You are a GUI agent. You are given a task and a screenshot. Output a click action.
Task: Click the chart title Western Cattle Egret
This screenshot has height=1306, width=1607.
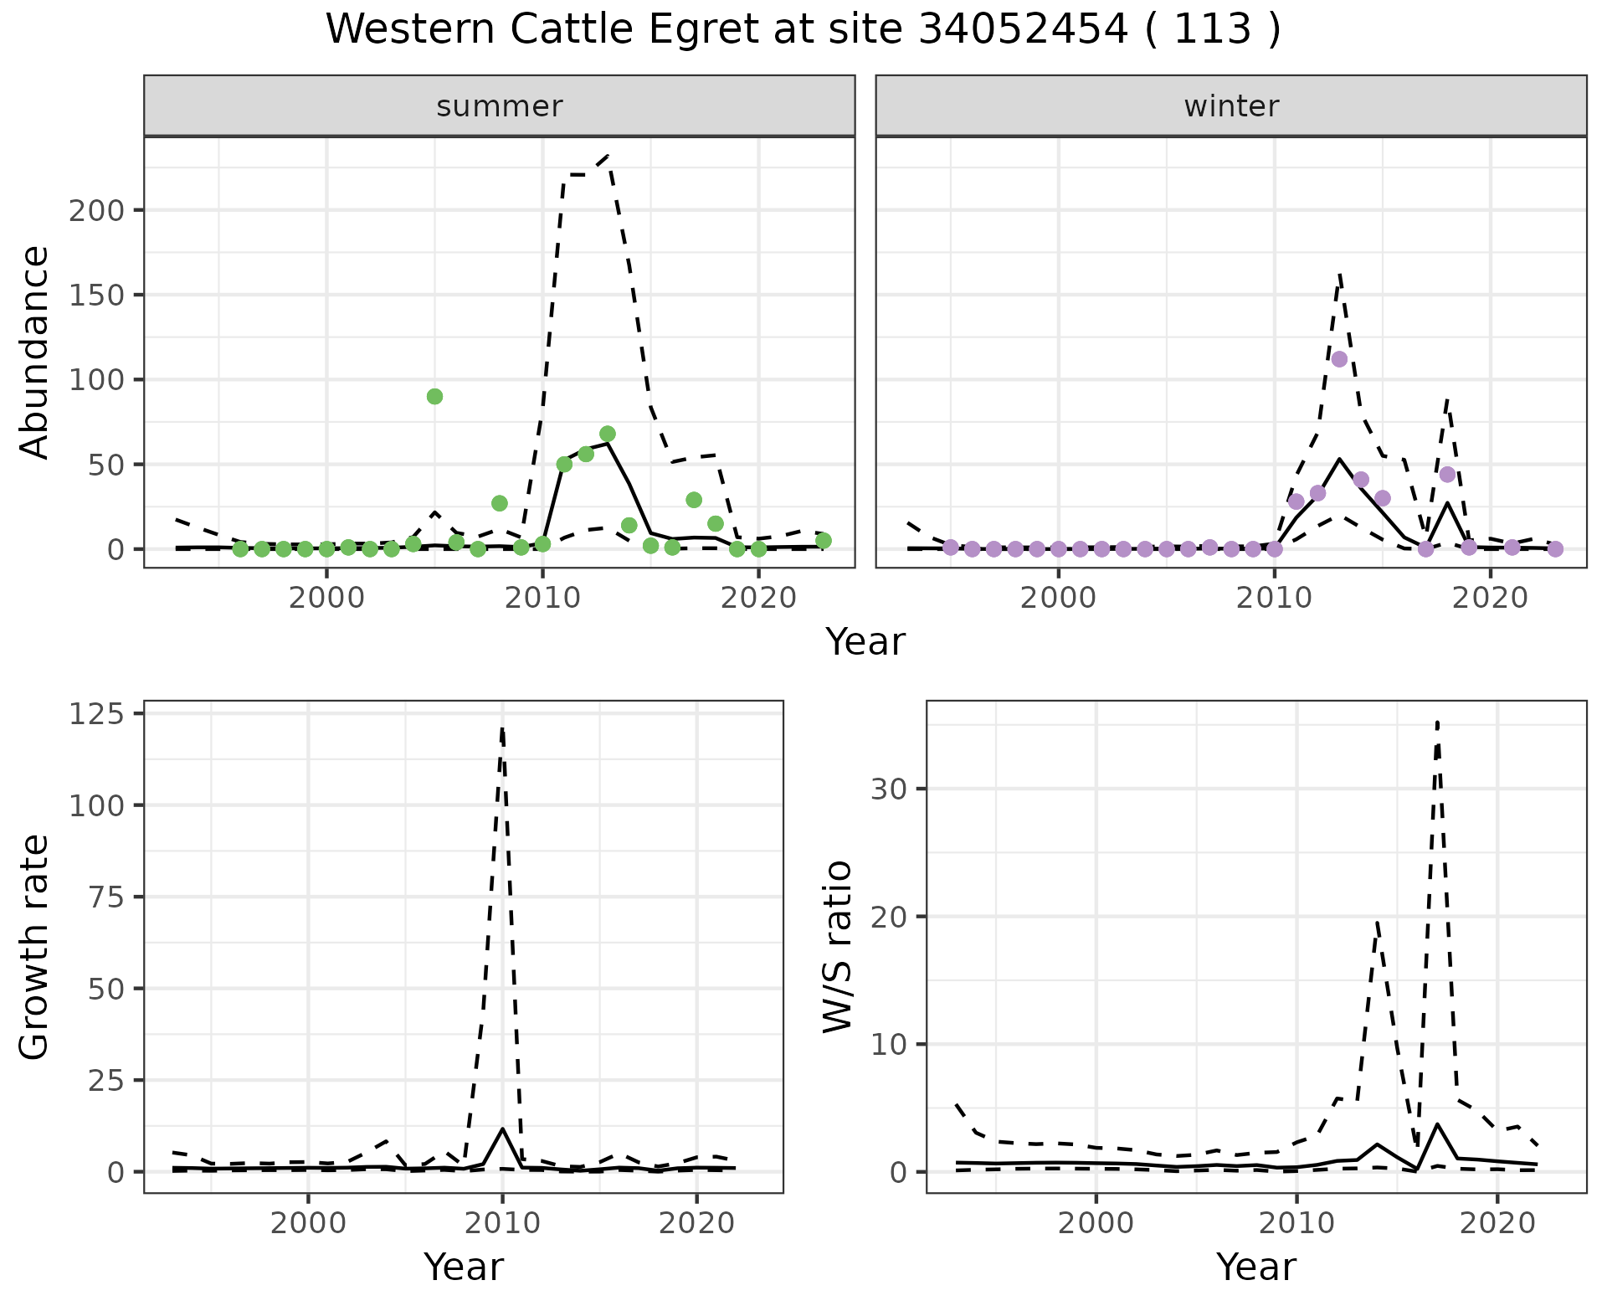click(803, 30)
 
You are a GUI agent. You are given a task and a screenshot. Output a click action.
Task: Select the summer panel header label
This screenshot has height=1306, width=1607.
click(500, 106)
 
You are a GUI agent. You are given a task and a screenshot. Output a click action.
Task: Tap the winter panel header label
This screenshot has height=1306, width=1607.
click(1231, 106)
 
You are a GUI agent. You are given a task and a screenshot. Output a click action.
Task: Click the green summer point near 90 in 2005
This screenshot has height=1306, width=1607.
click(434, 396)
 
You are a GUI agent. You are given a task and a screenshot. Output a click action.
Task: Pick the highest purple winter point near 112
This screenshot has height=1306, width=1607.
click(1339, 359)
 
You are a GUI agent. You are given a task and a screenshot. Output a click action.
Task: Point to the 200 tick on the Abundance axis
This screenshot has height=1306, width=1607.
click(95, 210)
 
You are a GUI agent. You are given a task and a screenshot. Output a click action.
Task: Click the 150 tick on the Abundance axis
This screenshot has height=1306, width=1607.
click(95, 295)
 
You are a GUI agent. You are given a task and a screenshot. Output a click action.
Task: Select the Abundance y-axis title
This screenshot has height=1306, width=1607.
click(35, 352)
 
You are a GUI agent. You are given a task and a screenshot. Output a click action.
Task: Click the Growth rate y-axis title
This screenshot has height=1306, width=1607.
click(35, 947)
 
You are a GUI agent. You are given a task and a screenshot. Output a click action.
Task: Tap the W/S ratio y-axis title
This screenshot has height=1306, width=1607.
click(838, 947)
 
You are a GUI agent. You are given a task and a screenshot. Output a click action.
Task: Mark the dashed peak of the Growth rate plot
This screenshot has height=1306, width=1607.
click(502, 729)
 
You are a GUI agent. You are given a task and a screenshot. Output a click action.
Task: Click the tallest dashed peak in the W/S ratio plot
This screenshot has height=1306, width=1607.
click(1437, 722)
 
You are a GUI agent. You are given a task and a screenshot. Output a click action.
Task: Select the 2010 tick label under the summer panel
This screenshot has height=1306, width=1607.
click(542, 599)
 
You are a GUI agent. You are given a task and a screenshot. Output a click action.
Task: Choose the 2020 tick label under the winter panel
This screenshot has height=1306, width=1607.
click(1490, 599)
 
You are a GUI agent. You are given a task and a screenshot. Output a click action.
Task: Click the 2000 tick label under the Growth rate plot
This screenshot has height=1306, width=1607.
click(308, 1223)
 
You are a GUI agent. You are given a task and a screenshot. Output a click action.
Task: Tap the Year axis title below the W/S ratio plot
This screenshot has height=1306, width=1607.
click(1256, 1267)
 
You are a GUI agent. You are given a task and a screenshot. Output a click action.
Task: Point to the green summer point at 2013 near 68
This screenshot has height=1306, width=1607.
click(608, 434)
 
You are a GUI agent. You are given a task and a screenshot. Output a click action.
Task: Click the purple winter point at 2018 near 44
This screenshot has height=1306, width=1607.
click(1447, 475)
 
